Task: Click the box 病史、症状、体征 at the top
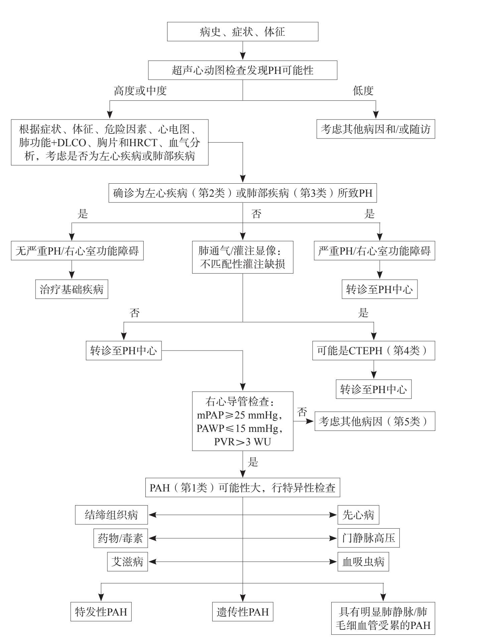click(242, 32)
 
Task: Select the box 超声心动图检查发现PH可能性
click(242, 70)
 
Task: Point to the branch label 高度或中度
click(140, 91)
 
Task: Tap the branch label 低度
click(363, 91)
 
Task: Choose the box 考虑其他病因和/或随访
click(375, 129)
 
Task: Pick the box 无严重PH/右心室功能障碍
click(77, 251)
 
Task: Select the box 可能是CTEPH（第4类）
click(373, 351)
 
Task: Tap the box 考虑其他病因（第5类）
click(375, 421)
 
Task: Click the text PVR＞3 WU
click(242, 442)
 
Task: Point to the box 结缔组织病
click(111, 515)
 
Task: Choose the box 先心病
click(358, 515)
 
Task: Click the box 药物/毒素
click(120, 538)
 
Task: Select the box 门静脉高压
click(368, 538)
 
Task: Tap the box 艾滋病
click(127, 561)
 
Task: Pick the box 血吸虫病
click(363, 561)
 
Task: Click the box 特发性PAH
click(101, 612)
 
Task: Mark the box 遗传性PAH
click(243, 612)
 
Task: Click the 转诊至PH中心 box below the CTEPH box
click(373, 389)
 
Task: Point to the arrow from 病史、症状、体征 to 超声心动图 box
click(243, 51)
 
